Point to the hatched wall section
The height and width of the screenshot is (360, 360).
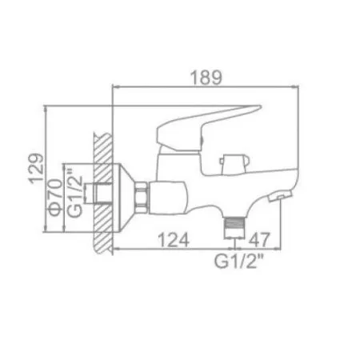click(102, 192)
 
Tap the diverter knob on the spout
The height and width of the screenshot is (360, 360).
click(230, 160)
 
